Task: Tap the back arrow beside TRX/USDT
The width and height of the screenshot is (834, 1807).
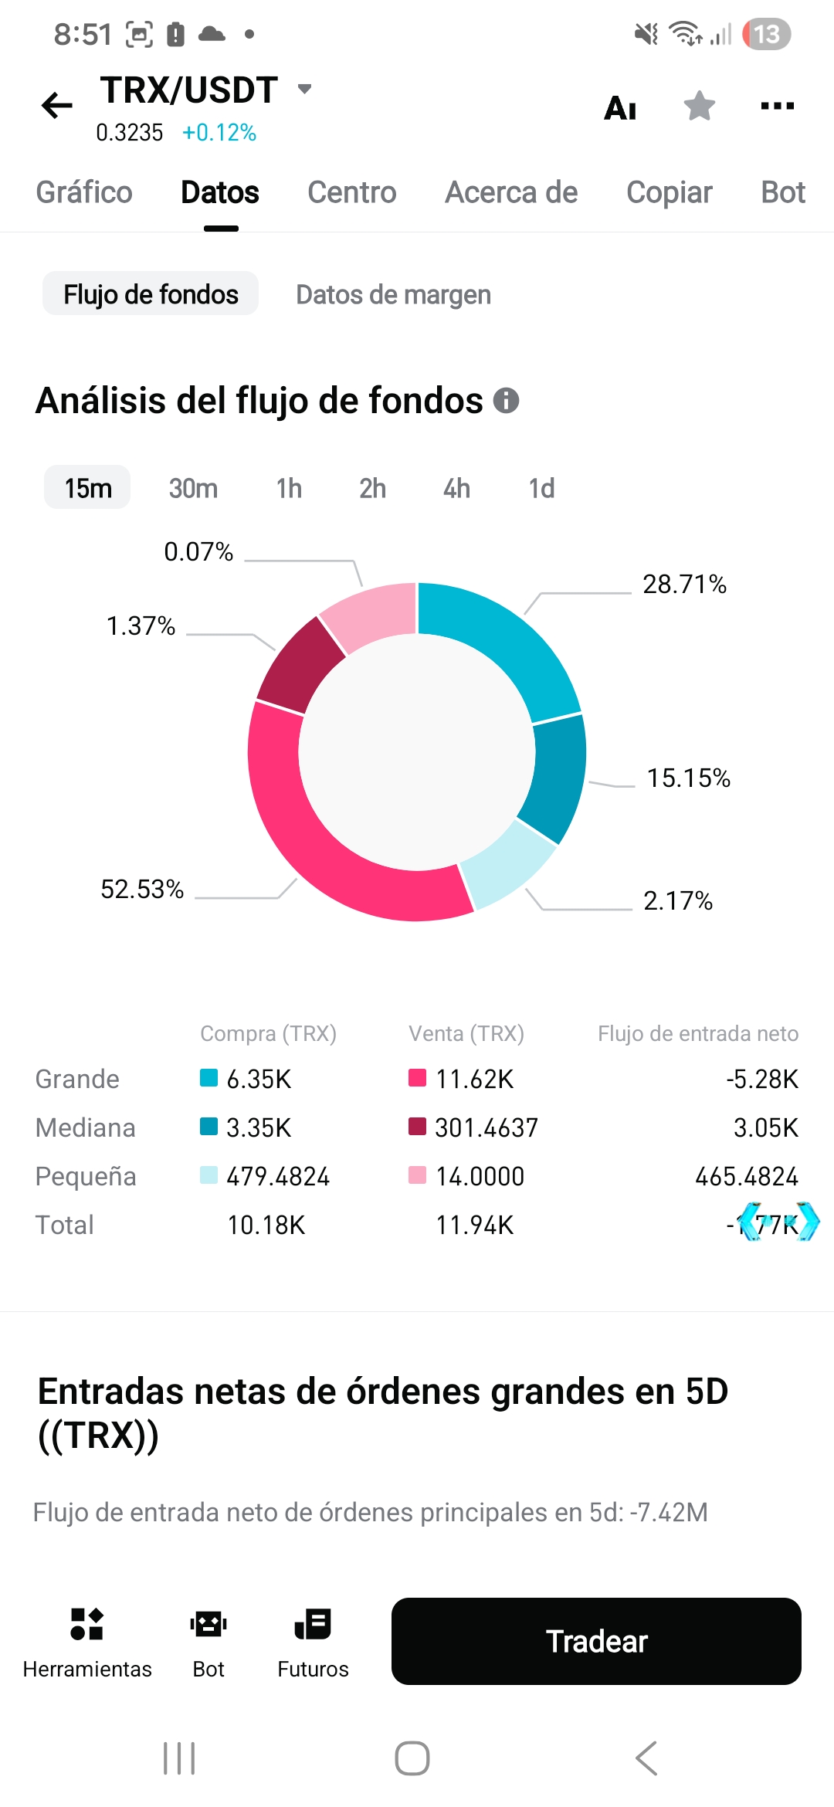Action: point(57,105)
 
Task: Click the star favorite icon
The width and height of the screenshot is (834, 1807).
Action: point(699,106)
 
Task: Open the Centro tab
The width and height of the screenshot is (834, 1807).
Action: point(351,192)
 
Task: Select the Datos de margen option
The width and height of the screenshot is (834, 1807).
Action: point(393,294)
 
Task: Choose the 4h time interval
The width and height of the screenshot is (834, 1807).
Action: point(456,488)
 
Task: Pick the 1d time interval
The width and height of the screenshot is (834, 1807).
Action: point(541,488)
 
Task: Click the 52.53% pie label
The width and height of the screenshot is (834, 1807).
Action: point(142,889)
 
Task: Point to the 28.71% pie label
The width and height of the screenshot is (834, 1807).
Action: point(684,584)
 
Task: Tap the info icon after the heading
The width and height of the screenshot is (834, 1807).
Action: point(506,401)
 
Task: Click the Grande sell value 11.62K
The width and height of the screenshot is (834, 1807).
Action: point(474,1079)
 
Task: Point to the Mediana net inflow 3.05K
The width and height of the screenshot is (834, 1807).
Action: point(765,1127)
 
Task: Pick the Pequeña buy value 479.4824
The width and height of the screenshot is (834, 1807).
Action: point(278,1176)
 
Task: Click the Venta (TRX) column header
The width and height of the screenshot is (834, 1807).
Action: point(466,1033)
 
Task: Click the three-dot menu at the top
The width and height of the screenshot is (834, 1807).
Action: point(777,106)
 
